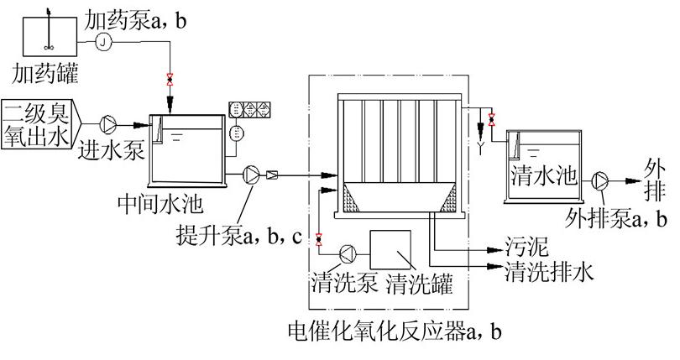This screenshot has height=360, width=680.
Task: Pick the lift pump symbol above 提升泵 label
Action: tap(252, 175)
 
